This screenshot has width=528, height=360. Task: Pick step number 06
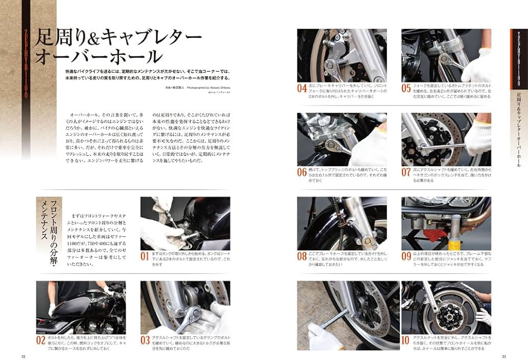[303, 172]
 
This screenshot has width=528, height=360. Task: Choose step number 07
[407, 172]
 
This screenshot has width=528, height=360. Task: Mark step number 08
[303, 257]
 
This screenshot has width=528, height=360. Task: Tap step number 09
[407, 257]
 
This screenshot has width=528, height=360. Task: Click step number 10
[407, 340]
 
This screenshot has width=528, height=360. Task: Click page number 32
[23, 355]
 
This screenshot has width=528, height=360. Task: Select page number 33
[504, 355]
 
